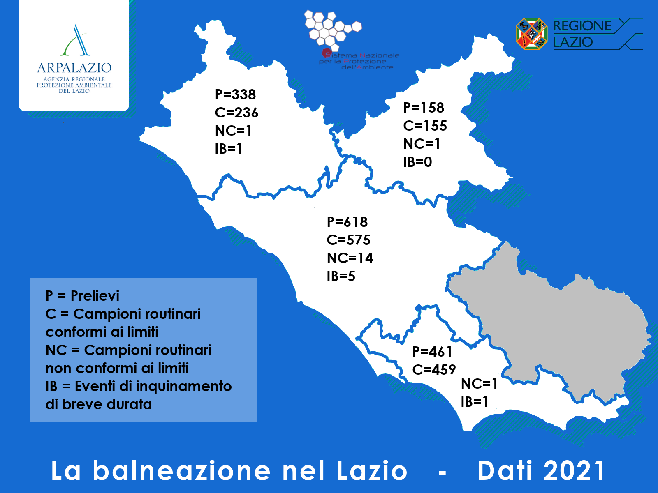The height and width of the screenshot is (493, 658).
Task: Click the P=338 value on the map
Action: (235, 94)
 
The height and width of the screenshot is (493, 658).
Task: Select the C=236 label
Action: (236, 113)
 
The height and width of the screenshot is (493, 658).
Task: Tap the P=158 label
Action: (424, 108)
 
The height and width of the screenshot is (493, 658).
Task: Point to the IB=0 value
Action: (417, 162)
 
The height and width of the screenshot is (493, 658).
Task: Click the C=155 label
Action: (425, 126)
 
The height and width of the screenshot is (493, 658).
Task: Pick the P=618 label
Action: (347, 222)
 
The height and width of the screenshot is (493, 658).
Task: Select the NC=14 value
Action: (350, 258)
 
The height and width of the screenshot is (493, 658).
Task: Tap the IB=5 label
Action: (341, 276)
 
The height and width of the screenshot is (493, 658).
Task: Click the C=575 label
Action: (349, 240)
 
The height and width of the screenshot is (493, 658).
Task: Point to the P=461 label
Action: (432, 352)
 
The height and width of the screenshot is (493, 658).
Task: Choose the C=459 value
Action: (434, 370)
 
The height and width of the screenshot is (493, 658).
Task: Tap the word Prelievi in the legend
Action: (95, 296)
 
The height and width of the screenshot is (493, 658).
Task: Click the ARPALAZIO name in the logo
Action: (74, 68)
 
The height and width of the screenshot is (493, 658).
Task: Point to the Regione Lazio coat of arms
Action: (531, 34)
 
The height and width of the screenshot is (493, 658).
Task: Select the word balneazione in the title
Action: (182, 470)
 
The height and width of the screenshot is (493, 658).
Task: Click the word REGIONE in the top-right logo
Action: (582, 26)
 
